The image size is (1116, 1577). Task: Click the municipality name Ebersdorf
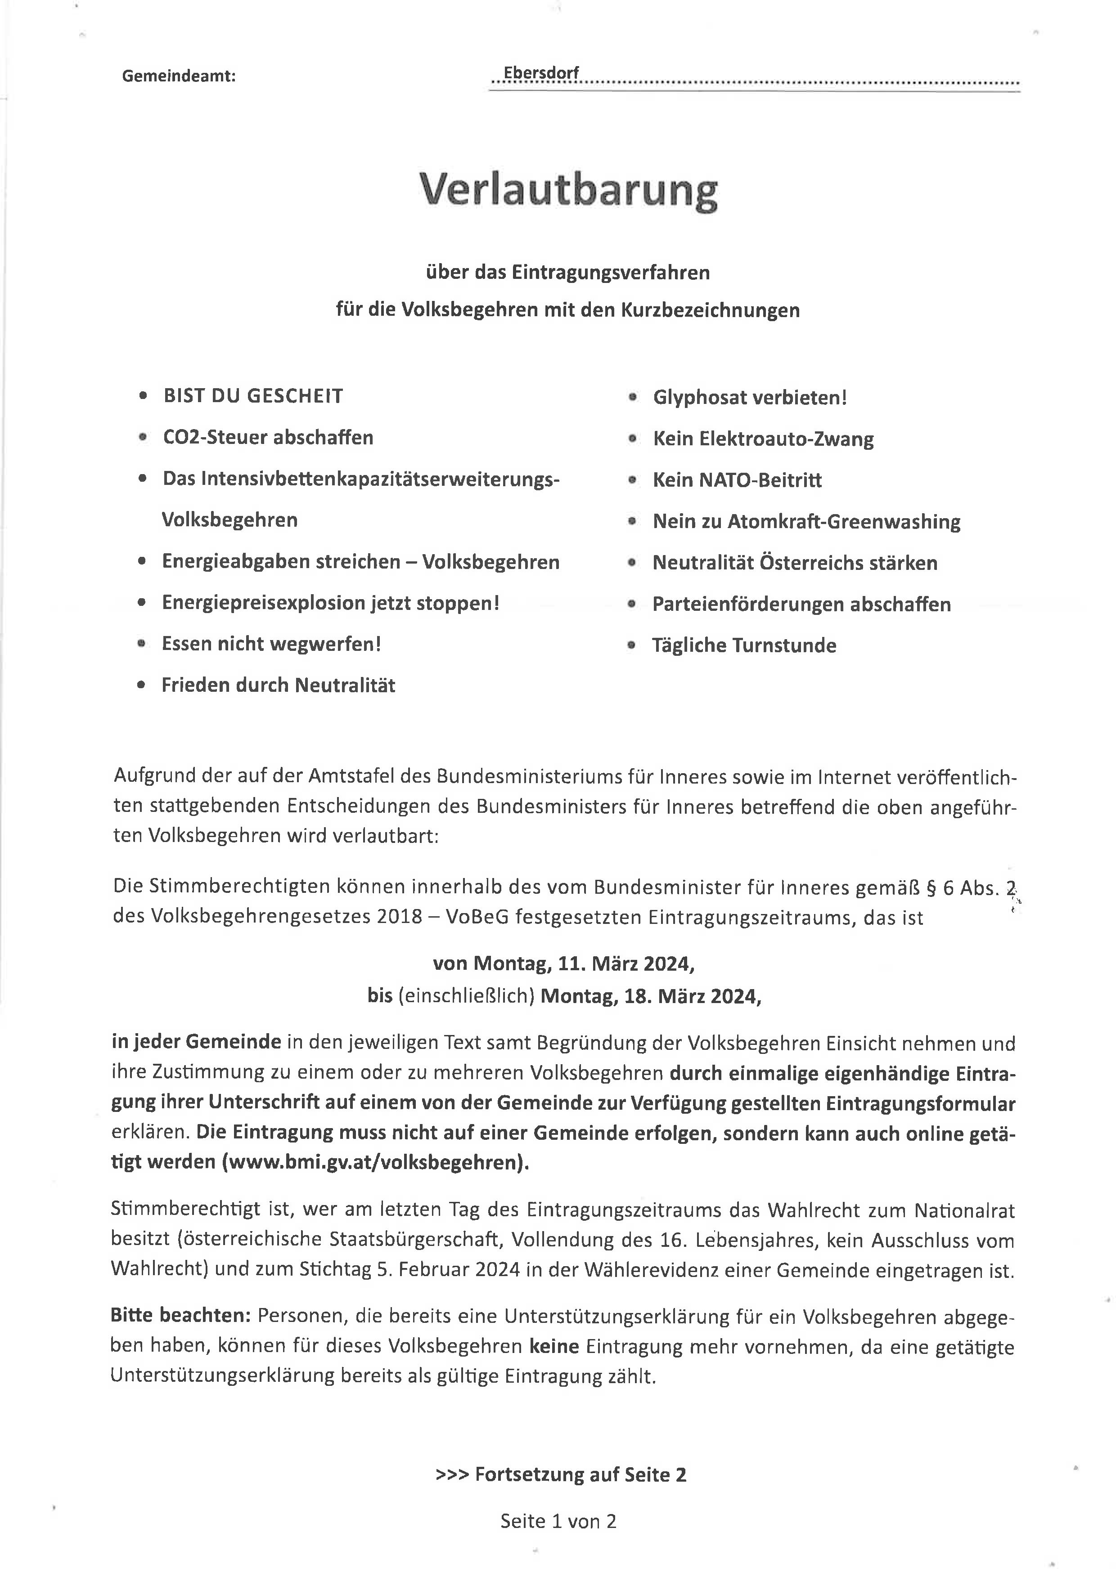click(541, 73)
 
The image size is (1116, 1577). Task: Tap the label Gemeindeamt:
click(179, 76)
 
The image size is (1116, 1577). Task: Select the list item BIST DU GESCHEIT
click(253, 396)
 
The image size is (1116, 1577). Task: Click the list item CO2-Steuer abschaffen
click(268, 438)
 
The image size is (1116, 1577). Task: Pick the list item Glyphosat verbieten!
click(750, 398)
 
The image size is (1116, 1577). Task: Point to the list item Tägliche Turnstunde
click(744, 645)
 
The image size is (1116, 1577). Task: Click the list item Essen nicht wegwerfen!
click(271, 644)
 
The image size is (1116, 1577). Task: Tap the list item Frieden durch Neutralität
click(278, 685)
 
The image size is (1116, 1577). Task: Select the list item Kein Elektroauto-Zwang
click(763, 439)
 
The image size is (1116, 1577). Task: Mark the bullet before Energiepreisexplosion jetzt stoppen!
click(142, 603)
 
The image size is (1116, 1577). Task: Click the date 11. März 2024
click(625, 964)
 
